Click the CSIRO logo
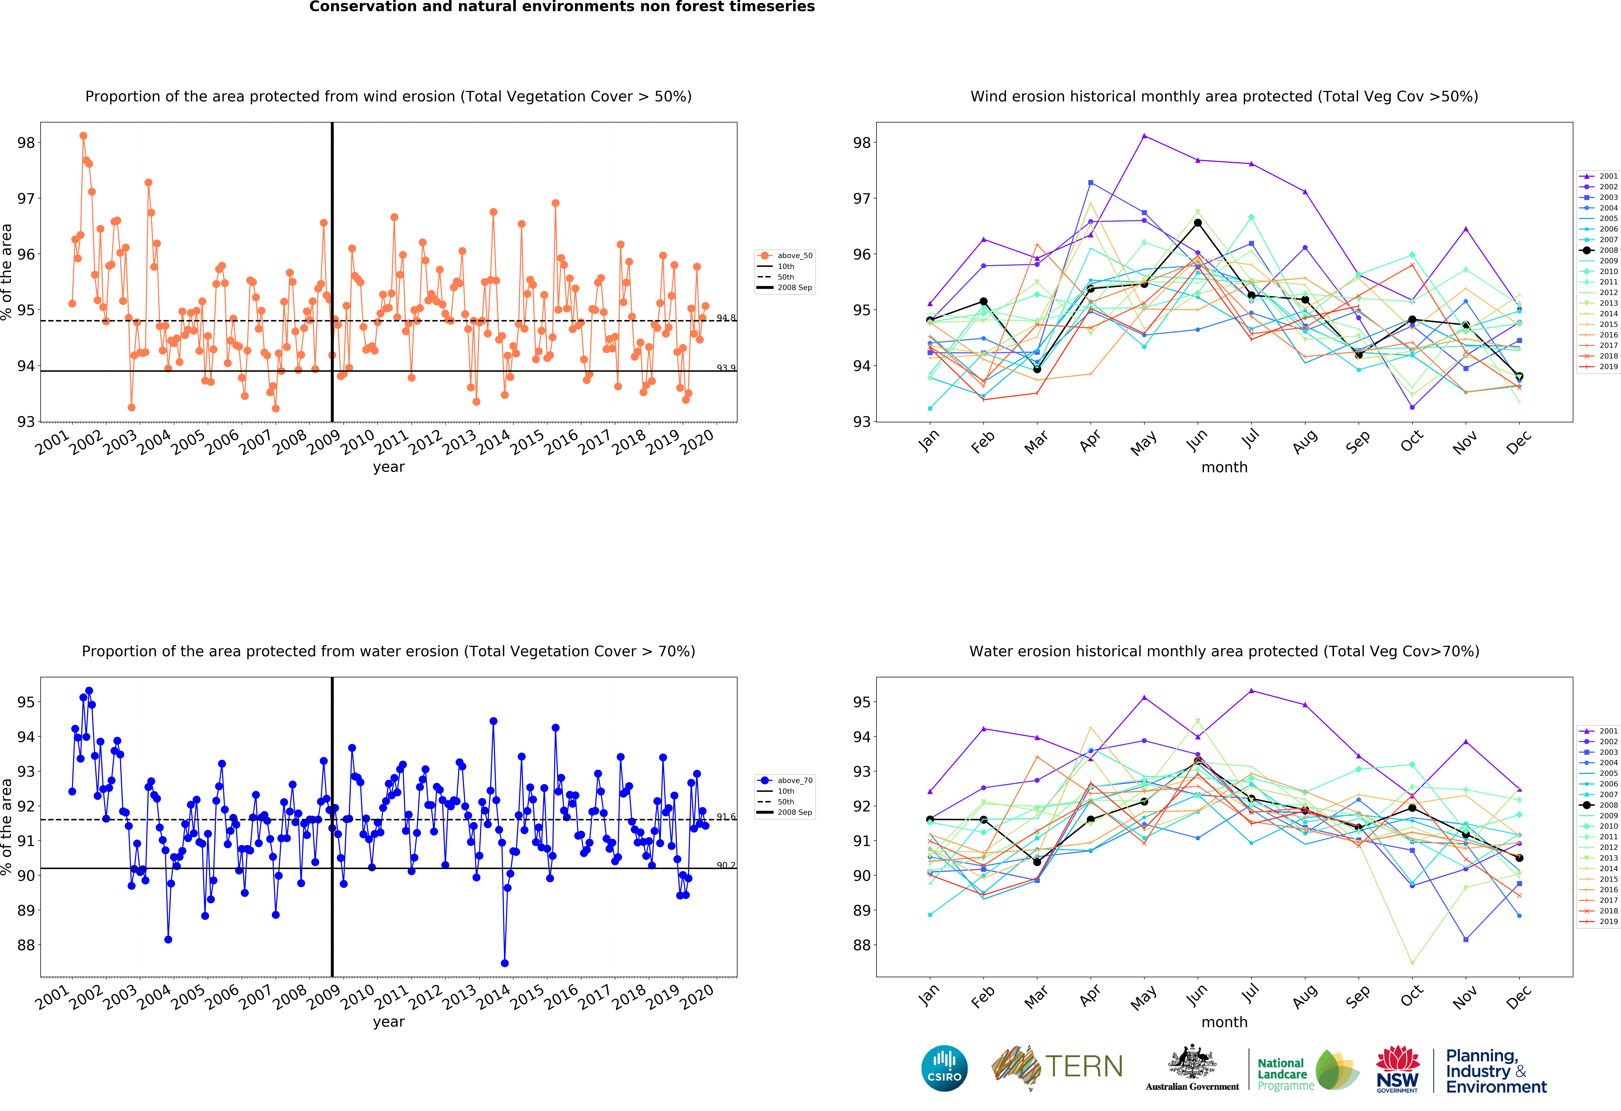point(944,1068)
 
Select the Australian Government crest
point(1192,1061)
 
